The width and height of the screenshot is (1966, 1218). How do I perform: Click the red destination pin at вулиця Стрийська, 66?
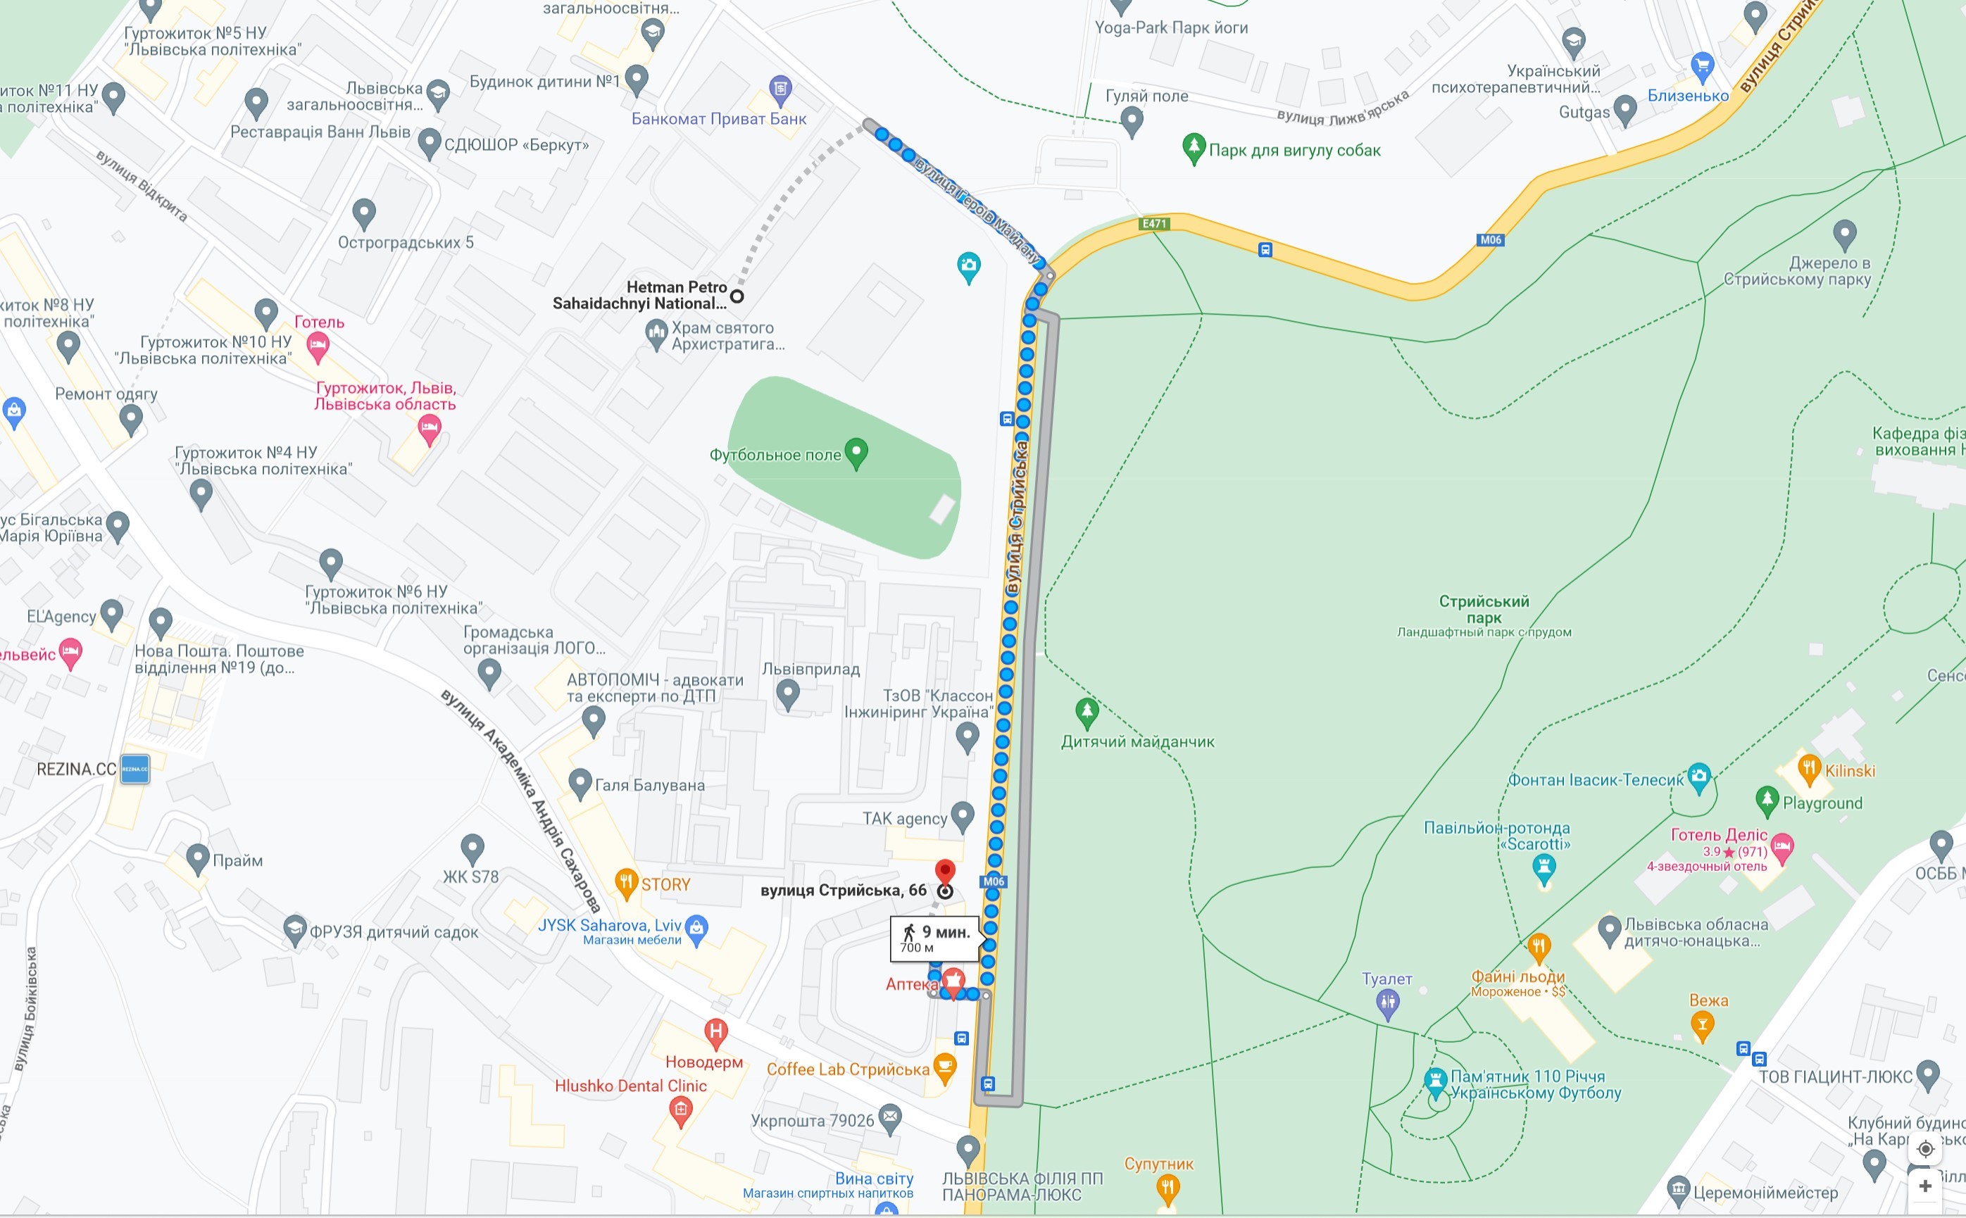tap(944, 872)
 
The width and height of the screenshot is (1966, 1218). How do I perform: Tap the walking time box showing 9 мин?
tap(934, 938)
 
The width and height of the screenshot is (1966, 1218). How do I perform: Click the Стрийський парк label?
tap(1484, 610)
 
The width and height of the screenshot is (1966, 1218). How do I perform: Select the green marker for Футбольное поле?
tap(856, 453)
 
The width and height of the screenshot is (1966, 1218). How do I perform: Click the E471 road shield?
tap(1154, 224)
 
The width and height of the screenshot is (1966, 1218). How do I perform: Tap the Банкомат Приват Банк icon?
tap(779, 89)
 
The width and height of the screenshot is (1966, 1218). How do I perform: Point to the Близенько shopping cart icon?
tap(1702, 66)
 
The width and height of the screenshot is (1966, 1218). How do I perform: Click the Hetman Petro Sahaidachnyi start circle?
tap(737, 296)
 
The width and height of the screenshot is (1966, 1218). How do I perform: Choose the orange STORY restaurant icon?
tap(626, 882)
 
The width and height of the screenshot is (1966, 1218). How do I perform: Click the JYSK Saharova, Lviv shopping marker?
tap(696, 927)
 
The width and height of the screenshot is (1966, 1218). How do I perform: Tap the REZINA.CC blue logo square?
tap(134, 769)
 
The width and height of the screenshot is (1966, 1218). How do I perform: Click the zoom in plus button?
tap(1925, 1186)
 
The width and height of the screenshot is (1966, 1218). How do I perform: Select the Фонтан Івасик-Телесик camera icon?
tap(1698, 777)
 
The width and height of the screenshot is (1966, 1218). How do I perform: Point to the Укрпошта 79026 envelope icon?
tap(889, 1117)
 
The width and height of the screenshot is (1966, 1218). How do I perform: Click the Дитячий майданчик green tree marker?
tap(1086, 712)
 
